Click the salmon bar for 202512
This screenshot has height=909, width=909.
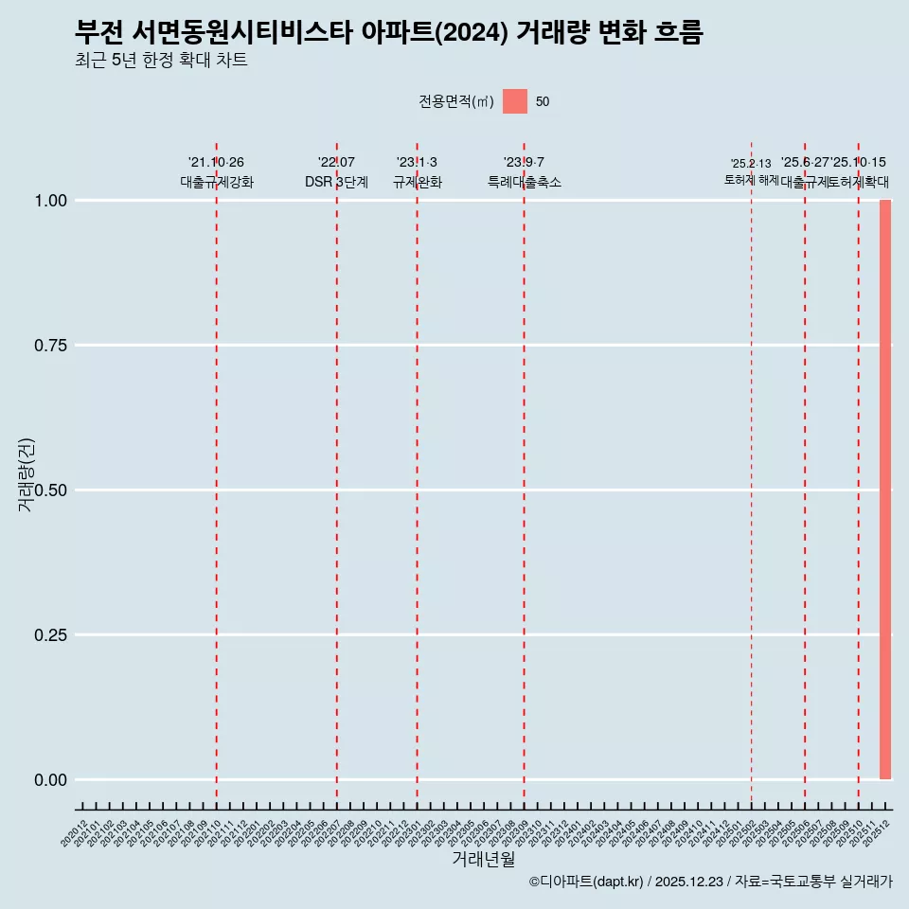click(x=885, y=490)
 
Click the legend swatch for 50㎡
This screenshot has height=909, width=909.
click(x=514, y=101)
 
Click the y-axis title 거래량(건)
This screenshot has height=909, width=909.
click(x=26, y=474)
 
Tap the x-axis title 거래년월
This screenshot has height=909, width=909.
click(x=483, y=859)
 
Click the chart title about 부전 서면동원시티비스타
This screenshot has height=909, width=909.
click(x=388, y=32)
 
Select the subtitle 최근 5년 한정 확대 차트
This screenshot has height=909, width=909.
click(x=161, y=61)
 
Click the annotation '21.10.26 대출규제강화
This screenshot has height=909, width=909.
click(x=216, y=172)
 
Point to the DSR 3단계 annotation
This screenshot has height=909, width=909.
click(x=336, y=182)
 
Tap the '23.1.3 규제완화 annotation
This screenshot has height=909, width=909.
click(x=417, y=172)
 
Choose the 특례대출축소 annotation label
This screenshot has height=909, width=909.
click(x=524, y=182)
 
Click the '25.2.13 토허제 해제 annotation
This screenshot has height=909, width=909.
click(x=751, y=171)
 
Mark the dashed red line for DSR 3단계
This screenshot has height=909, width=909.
click(x=336, y=473)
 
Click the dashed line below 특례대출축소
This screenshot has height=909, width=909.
click(x=524, y=473)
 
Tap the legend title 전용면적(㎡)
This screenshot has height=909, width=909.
click(x=456, y=101)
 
